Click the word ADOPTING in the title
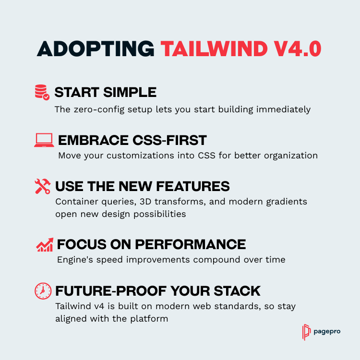(x=96, y=48)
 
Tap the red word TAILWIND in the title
(x=214, y=48)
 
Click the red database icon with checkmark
(x=42, y=92)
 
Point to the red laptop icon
(x=44, y=140)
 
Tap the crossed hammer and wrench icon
(x=43, y=186)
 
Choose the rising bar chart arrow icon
(x=45, y=244)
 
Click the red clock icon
(x=43, y=291)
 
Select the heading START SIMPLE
(x=106, y=92)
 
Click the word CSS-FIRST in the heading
(x=169, y=140)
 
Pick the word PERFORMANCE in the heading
(x=191, y=244)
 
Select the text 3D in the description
(x=145, y=202)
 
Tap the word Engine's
(x=75, y=260)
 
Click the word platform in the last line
(x=149, y=319)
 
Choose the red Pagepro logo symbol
(x=306, y=332)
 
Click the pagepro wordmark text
(x=327, y=332)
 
